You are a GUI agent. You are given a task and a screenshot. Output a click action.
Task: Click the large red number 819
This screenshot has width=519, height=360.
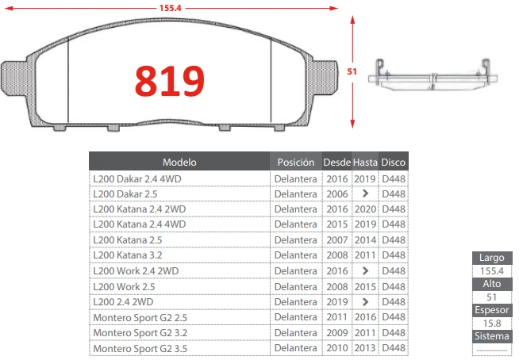pos(170,81)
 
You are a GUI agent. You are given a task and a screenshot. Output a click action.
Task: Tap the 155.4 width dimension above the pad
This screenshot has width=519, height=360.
pos(170,8)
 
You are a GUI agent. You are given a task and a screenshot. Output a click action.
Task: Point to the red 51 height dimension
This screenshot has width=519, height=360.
pos(352,71)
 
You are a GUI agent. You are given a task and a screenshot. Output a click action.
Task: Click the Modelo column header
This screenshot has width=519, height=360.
pos(179,162)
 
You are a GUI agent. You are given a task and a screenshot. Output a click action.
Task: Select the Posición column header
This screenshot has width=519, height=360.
pos(296,162)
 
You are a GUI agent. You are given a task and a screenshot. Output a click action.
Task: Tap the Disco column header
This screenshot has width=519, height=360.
pos(394,162)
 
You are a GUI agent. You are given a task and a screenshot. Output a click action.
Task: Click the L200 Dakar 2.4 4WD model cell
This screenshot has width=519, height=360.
pos(137,179)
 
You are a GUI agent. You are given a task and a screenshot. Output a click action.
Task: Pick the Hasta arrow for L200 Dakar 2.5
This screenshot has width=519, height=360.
pos(365,193)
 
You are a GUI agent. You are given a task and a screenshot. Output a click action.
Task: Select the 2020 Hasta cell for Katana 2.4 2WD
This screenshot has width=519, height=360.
pos(365,209)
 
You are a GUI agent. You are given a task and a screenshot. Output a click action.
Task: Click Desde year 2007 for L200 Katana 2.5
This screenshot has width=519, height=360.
pos(337,240)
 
